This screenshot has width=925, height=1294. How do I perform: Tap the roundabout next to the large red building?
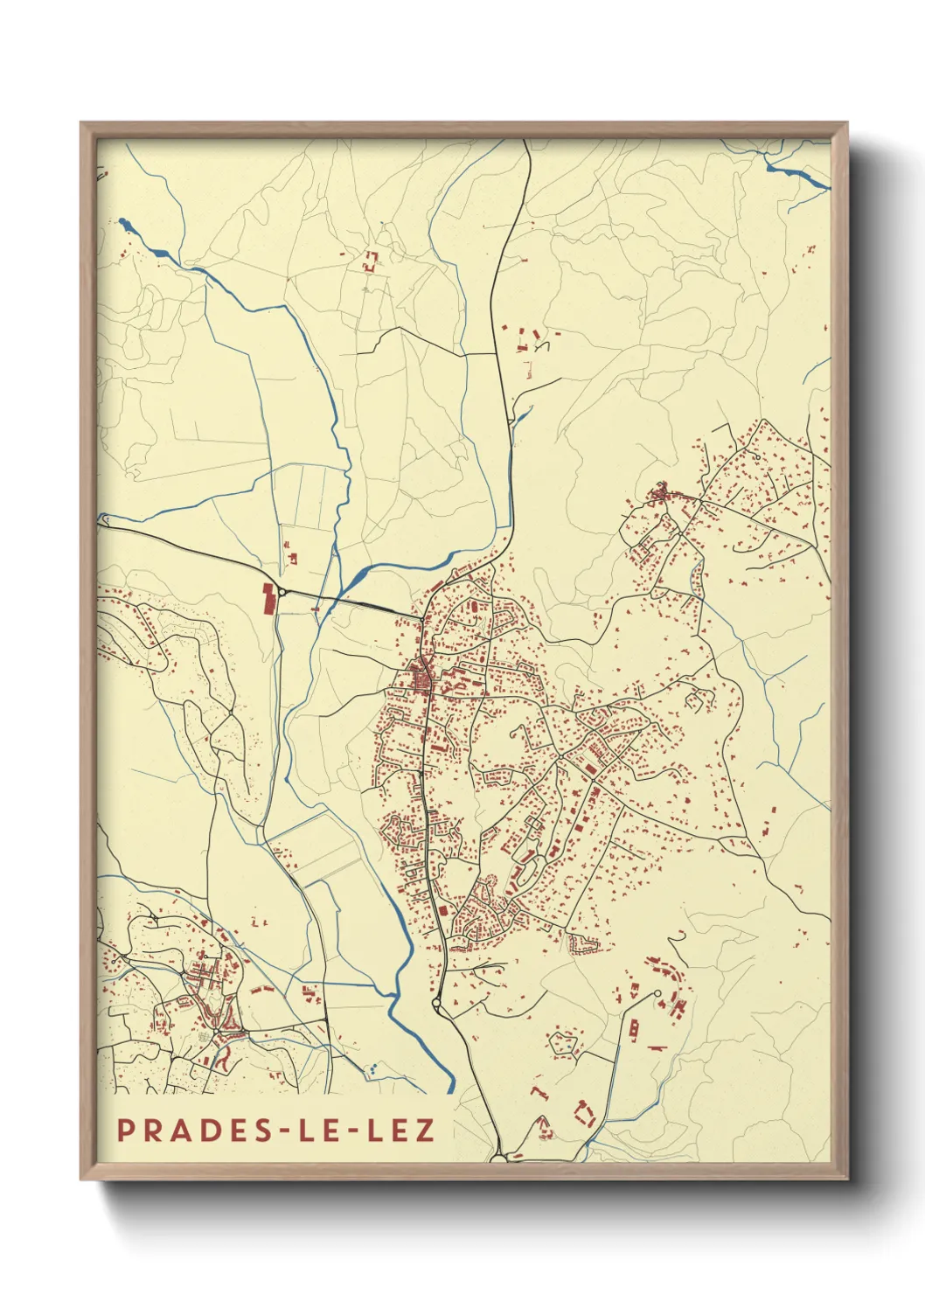(x=282, y=592)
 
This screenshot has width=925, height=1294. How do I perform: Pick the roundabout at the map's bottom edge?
(x=499, y=1158)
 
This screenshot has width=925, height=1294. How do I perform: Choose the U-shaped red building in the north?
(x=371, y=260)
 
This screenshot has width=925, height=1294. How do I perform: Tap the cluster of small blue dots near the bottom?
(x=372, y=1067)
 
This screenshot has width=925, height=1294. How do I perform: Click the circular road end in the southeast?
(x=656, y=993)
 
